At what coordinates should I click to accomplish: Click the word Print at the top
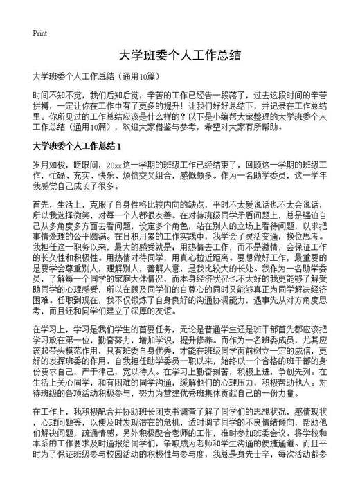tap(39, 33)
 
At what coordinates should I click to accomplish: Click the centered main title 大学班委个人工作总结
tap(179, 55)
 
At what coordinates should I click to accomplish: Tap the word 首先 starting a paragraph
tap(40, 206)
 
